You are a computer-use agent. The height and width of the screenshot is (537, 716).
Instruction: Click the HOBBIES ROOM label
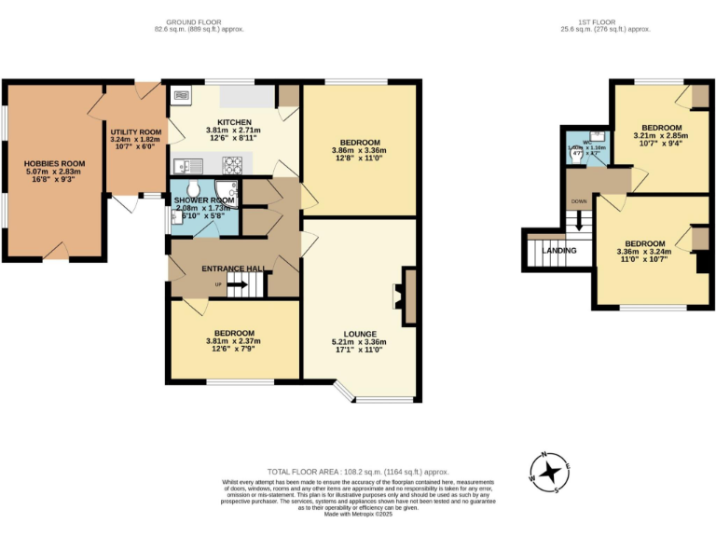point(53,162)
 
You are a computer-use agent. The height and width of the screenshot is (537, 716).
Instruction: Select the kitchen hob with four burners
point(231,164)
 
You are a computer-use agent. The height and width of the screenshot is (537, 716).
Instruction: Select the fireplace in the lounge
point(406,296)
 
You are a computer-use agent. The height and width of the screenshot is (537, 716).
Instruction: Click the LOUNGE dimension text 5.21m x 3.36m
point(360,342)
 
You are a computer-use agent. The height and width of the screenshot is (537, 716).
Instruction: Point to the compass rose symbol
point(550,470)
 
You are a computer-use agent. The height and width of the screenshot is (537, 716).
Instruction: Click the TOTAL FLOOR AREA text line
point(358,472)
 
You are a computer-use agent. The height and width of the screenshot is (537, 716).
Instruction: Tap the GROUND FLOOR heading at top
point(199,21)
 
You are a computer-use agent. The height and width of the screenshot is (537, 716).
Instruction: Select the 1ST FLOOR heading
point(599,21)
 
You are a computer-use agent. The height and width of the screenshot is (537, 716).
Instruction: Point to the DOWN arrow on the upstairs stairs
point(579,221)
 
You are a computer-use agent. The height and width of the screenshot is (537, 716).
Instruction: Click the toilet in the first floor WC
point(578,161)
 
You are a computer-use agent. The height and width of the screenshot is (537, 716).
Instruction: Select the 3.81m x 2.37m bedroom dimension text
point(234,341)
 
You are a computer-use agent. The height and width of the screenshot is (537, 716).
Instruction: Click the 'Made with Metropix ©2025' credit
point(358,514)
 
